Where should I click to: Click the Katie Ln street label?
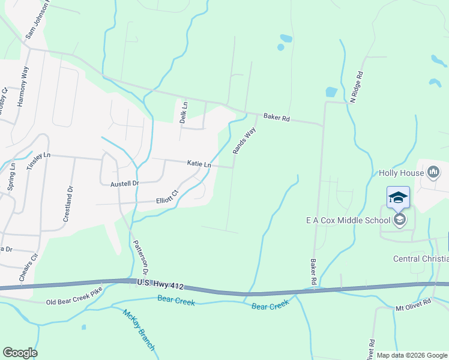click(x=199, y=164)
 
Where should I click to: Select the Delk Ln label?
click(x=184, y=112)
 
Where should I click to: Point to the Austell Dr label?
click(x=124, y=184)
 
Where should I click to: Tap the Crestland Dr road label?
click(x=68, y=204)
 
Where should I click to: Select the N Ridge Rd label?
click(x=357, y=87)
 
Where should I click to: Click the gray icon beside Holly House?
click(x=433, y=173)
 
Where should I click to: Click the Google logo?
click(x=20, y=353)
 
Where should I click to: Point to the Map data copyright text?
click(x=412, y=355)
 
